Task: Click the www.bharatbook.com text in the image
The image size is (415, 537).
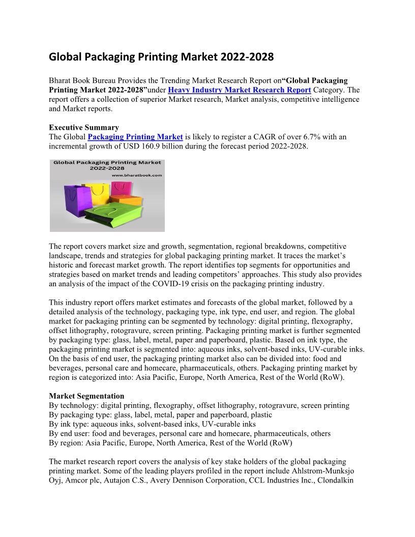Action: coord(136,175)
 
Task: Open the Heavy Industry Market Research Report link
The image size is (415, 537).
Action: coord(239,90)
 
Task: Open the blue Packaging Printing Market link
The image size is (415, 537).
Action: coord(135,137)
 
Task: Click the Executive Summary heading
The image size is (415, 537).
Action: coord(84,128)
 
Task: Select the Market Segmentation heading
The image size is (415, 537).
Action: coord(86,396)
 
